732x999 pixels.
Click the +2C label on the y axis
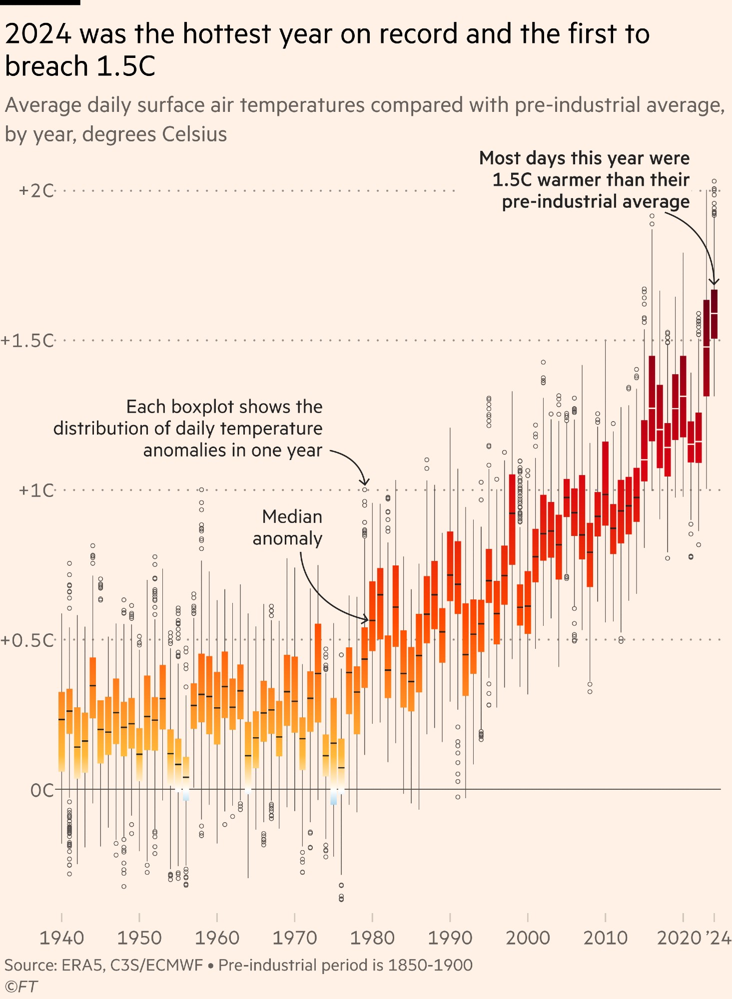(x=36, y=191)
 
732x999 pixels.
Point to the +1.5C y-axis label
(x=27, y=341)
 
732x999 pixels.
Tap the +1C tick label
(x=36, y=491)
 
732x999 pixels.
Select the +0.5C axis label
(x=27, y=640)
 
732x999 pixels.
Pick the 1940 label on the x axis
(x=61, y=938)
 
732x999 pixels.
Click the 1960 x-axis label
(x=217, y=938)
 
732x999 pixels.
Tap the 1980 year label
(x=372, y=938)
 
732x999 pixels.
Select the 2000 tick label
(x=528, y=938)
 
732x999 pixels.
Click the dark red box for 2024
(x=715, y=314)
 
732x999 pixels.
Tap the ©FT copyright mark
(x=21, y=987)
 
